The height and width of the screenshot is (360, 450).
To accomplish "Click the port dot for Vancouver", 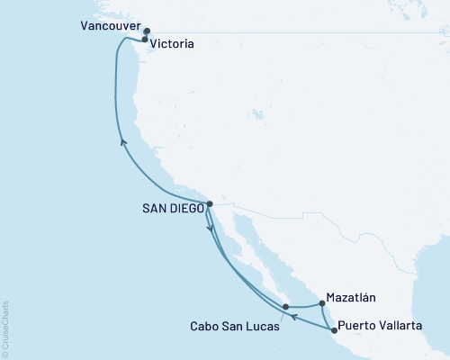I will coord(147,30).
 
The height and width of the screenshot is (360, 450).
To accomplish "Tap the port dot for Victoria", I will coord(145,40).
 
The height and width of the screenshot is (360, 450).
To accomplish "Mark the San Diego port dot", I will coord(209,204).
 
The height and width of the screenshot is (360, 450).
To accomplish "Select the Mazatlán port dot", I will coord(321,304).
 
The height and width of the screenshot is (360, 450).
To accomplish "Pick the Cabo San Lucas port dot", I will coord(285,307).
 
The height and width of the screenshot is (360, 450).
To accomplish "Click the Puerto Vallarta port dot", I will coord(335,330).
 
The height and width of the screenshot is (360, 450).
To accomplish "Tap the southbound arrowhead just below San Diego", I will coord(211,229).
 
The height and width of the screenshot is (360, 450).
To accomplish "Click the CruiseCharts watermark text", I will coord(4,328).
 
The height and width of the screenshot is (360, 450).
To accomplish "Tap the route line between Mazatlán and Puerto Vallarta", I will coord(326,318).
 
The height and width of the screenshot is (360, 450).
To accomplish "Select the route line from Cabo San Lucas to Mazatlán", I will coord(303,307).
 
